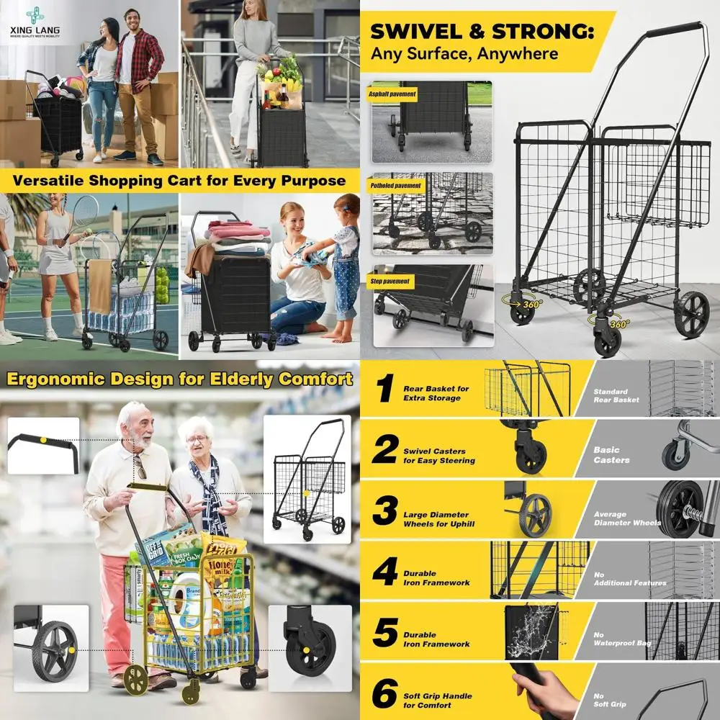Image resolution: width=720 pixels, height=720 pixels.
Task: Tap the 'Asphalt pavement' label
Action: pos(393,94)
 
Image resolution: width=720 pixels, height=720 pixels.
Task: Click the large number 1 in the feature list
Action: pos(386,390)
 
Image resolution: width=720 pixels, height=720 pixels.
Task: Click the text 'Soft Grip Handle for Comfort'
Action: pos(437,701)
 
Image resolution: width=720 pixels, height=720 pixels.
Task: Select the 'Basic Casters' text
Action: pos(611,455)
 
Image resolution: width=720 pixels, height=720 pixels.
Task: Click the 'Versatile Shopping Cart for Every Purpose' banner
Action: pos(178,180)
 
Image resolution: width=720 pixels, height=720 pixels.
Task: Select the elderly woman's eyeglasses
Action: pos(197,438)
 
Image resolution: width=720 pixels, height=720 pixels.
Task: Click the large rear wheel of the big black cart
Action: pos(692,315)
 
